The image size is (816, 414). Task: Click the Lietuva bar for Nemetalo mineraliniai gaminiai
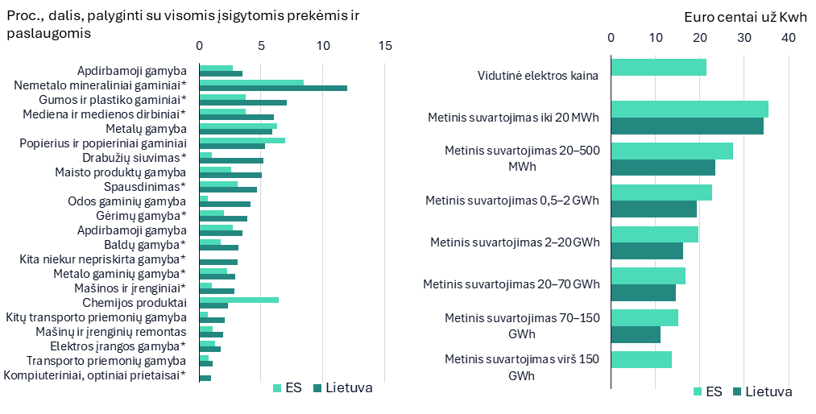click(273, 88)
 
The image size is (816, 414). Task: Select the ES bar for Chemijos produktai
click(239, 300)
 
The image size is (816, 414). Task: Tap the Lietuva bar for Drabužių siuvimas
click(231, 161)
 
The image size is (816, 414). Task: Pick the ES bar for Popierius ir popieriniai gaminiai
click(242, 140)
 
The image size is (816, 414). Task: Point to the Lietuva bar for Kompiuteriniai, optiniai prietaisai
click(205, 378)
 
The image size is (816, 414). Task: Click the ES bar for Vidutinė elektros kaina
click(659, 68)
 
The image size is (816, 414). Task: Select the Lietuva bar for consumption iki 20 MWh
click(687, 126)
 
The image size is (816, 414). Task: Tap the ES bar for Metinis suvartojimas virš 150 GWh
click(641, 359)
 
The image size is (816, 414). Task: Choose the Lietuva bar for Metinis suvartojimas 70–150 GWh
click(636, 334)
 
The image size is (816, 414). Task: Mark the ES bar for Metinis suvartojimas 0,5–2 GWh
click(661, 193)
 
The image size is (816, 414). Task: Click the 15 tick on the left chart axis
click(385, 46)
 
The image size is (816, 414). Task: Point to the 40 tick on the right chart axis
click(789, 37)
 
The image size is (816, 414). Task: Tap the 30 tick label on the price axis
click(744, 37)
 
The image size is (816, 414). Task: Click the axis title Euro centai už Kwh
click(746, 17)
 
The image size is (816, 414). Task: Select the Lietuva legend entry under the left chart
click(343, 388)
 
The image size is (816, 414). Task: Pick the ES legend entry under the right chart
click(708, 391)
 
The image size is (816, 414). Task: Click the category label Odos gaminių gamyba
click(127, 201)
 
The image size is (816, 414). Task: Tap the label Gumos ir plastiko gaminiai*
click(113, 99)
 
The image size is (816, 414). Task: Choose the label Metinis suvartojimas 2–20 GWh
click(515, 242)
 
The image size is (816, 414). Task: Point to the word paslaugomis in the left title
click(49, 33)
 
